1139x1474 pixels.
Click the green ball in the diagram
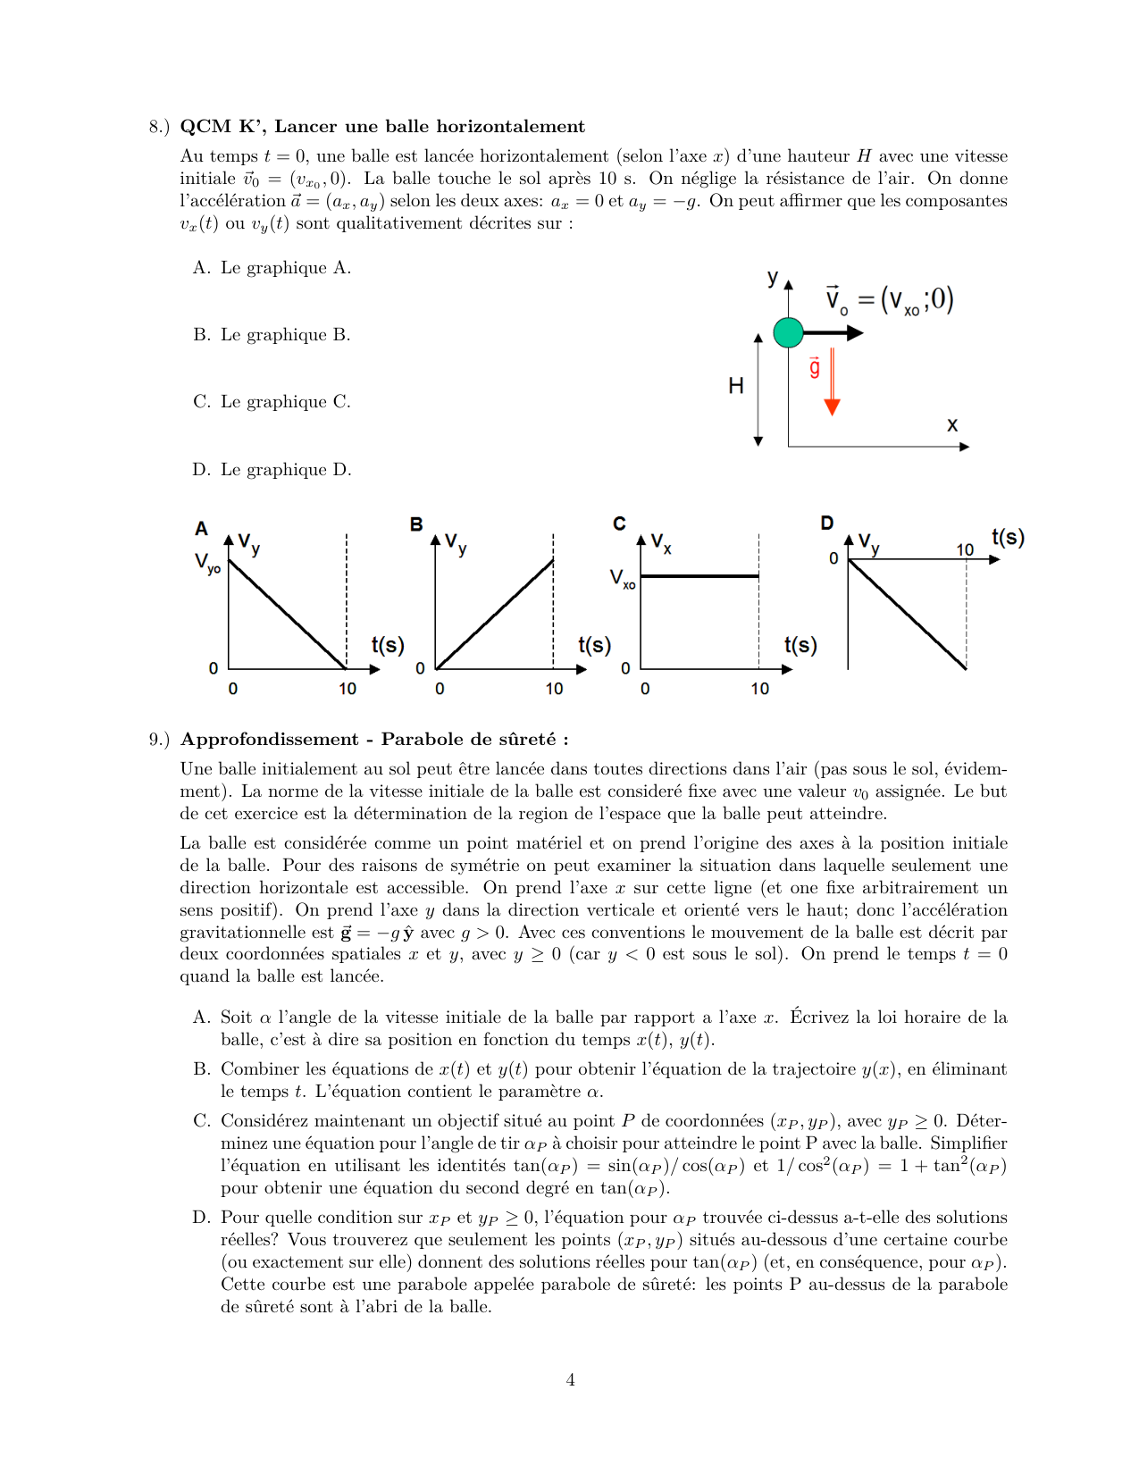click(x=788, y=332)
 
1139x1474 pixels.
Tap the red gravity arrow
click(x=832, y=384)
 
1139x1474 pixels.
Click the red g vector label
click(x=814, y=367)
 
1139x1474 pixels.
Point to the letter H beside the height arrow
click(x=735, y=386)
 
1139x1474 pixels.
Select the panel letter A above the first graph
click(x=201, y=529)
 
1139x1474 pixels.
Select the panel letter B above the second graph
click(x=416, y=524)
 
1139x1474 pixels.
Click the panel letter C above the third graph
click(x=619, y=523)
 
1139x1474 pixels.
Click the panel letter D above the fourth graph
click(x=827, y=523)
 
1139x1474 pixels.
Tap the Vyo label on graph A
click(x=207, y=564)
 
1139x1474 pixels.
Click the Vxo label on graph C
click(x=623, y=579)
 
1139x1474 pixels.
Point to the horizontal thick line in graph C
click(x=699, y=576)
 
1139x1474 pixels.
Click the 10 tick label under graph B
click(x=554, y=689)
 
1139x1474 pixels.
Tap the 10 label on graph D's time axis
click(x=965, y=549)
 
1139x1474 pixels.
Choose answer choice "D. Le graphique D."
click(x=272, y=470)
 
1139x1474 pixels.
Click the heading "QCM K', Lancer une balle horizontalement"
click(x=382, y=126)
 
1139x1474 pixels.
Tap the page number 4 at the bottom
click(x=570, y=1380)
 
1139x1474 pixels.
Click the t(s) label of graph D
click(x=1008, y=537)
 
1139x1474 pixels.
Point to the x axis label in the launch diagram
click(x=952, y=425)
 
